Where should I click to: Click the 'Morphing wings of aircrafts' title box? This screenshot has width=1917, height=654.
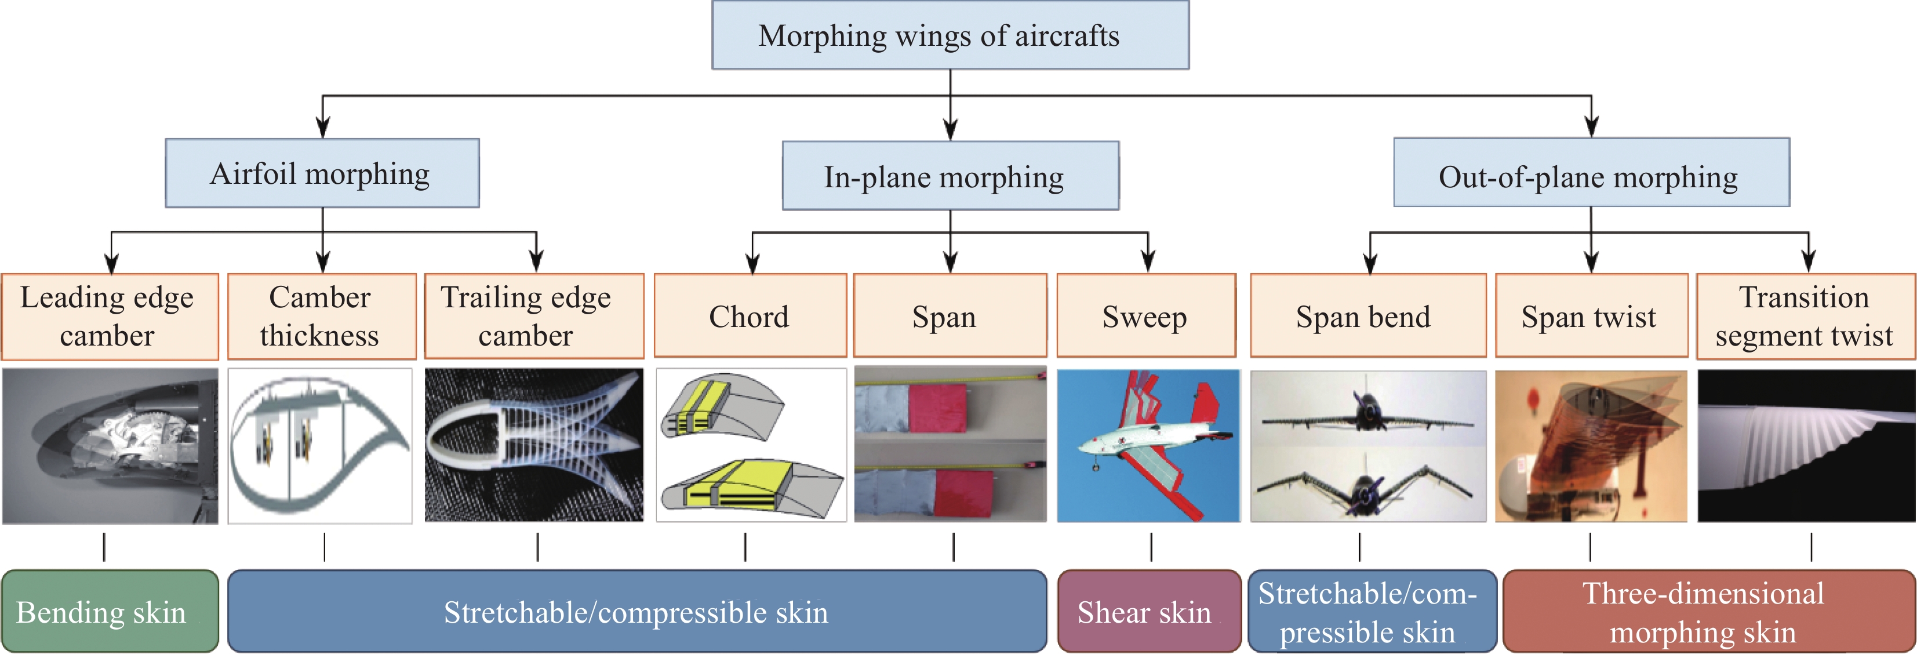pyautogui.click(x=950, y=35)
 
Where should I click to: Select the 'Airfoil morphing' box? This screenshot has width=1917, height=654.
pyautogui.click(x=322, y=173)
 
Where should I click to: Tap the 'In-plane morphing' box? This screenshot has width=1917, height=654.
pyautogui.click(x=950, y=176)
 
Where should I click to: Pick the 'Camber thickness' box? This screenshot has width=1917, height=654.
pyautogui.click(x=321, y=316)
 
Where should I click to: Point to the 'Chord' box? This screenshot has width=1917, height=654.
pyautogui.click(x=750, y=316)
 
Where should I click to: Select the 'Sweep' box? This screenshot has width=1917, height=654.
pyautogui.click(x=1145, y=316)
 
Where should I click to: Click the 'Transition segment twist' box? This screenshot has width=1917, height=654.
pyautogui.click(x=1805, y=316)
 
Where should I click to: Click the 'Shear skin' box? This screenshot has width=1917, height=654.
pyautogui.click(x=1148, y=612)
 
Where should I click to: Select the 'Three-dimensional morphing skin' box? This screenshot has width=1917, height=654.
pyautogui.click(x=1708, y=612)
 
